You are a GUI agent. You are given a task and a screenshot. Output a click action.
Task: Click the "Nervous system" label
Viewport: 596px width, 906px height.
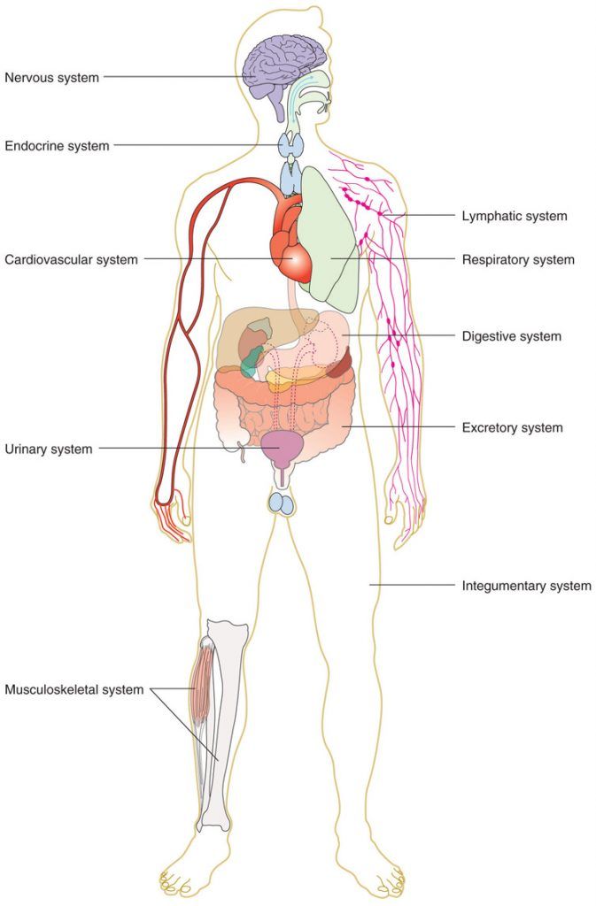click(x=52, y=77)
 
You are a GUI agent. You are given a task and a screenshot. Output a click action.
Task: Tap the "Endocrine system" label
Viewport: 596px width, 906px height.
click(x=57, y=146)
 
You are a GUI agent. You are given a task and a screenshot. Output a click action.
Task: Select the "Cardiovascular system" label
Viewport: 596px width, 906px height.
click(x=71, y=259)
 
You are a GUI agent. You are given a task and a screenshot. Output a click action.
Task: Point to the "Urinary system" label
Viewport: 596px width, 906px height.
click(x=48, y=449)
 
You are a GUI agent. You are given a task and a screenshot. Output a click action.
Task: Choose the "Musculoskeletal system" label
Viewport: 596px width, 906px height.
click(x=74, y=689)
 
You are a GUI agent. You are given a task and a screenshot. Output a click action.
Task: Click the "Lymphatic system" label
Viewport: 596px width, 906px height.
click(x=515, y=215)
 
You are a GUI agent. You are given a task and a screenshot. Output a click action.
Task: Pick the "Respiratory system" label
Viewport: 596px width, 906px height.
click(x=518, y=259)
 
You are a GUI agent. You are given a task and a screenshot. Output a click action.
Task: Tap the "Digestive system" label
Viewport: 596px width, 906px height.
click(x=511, y=336)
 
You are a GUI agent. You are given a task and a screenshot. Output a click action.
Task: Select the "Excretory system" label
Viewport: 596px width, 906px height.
click(x=512, y=427)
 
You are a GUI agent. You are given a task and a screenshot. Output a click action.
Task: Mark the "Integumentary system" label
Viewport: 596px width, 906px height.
click(x=526, y=585)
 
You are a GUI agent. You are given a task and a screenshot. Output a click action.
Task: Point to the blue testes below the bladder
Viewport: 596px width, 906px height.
click(x=282, y=503)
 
